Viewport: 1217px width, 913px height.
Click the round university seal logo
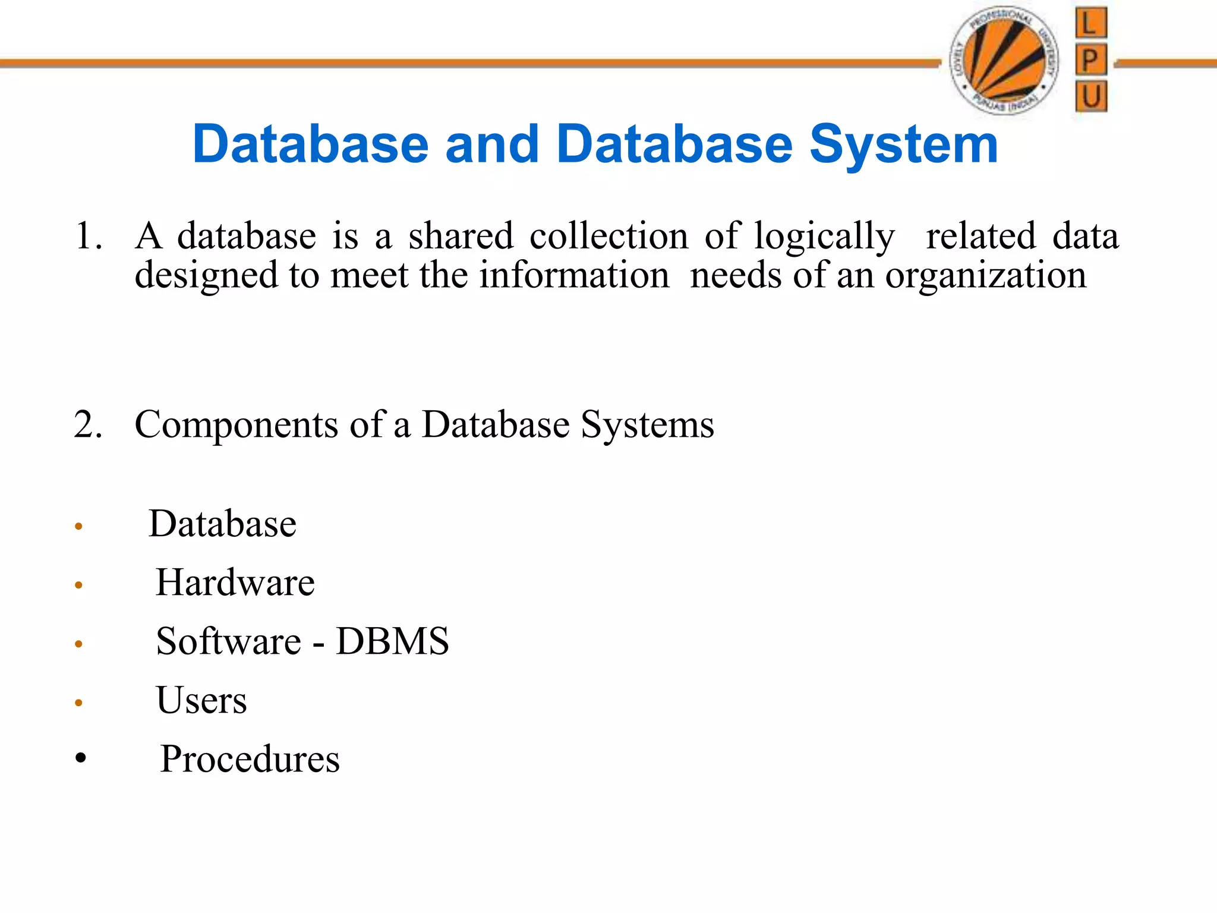1004,60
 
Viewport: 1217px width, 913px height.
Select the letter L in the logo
1090,23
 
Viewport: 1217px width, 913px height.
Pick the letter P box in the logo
1090,59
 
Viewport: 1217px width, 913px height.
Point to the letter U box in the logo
1090,96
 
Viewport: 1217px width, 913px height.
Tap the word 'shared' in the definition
461,236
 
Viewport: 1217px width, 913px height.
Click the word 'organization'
986,276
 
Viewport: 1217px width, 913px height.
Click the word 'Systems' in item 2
647,426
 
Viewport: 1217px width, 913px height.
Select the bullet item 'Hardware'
235,583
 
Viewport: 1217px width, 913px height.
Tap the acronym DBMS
392,641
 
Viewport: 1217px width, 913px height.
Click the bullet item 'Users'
201,700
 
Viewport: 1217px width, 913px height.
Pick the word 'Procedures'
250,759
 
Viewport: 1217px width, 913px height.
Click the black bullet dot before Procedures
81,758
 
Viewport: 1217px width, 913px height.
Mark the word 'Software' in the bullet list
228,641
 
